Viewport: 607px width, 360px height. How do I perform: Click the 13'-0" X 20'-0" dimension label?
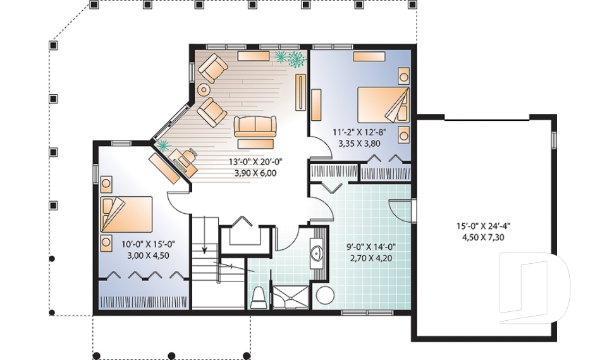(255, 161)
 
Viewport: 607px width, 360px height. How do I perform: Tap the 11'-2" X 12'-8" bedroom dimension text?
(360, 132)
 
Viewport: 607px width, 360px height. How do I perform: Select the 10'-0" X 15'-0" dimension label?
(149, 244)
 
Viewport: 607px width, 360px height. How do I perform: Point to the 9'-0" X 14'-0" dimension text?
(371, 247)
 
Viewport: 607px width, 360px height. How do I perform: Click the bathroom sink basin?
(318, 252)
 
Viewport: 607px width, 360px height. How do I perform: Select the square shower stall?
(291, 297)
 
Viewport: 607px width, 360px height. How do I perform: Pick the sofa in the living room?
(255, 126)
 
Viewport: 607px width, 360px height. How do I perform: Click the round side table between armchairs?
(203, 90)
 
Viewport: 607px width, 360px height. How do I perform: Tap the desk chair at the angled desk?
(188, 156)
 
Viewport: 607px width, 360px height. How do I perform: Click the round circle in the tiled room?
(325, 295)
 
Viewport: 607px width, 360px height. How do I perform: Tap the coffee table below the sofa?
(255, 144)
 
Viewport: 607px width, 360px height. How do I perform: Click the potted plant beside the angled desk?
(163, 145)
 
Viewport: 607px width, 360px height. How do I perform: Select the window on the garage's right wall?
(554, 139)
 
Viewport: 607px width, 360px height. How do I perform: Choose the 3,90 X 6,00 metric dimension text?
(255, 173)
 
